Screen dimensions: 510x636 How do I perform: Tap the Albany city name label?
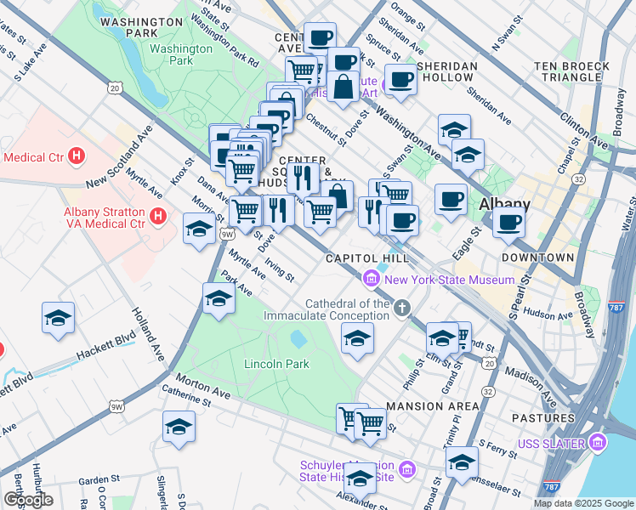click(504, 205)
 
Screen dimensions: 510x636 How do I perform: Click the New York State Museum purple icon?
click(371, 279)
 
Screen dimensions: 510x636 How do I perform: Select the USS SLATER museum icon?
click(599, 443)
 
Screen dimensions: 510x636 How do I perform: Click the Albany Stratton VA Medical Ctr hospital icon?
click(157, 218)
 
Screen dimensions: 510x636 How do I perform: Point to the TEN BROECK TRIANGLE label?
click(571, 71)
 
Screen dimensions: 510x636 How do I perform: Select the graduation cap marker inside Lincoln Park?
click(358, 337)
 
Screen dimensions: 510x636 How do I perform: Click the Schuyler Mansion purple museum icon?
click(406, 469)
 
